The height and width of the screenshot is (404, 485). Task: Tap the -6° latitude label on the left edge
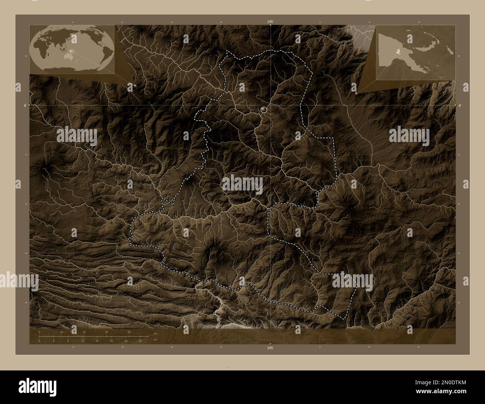point(24,105)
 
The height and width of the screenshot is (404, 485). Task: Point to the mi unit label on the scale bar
point(155,340)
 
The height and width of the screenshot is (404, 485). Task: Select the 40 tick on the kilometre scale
point(129,331)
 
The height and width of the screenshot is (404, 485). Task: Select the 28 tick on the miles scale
point(140,341)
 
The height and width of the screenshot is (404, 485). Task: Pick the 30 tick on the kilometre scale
point(107,331)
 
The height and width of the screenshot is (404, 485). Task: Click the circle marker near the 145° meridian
point(264,110)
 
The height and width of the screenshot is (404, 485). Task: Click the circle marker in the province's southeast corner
point(347,277)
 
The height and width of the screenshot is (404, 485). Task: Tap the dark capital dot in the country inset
point(410,67)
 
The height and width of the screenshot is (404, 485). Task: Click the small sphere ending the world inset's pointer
point(135,85)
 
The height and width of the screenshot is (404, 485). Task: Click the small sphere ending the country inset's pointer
point(357,94)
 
